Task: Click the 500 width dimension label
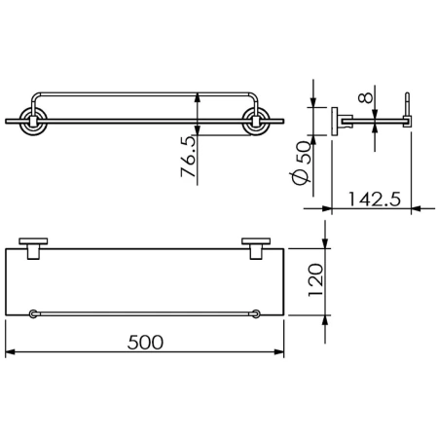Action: (145, 343)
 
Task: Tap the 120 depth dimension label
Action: (315, 280)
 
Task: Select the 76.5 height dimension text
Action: (188, 157)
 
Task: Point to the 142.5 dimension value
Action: (375, 200)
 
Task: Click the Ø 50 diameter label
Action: (302, 164)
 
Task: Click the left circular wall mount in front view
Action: (33, 121)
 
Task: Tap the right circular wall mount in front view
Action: (256, 121)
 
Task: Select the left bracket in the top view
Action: (33, 248)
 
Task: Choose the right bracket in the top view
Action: (256, 248)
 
